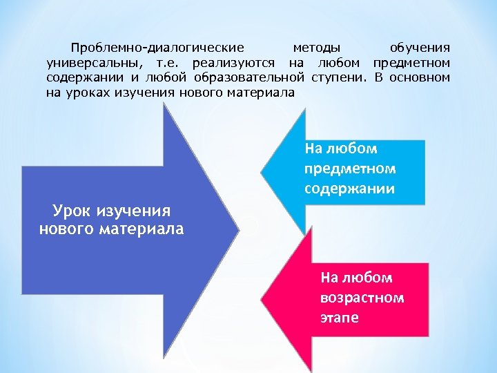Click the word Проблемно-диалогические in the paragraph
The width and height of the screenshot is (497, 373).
(157, 48)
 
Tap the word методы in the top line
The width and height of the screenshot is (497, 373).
(316, 48)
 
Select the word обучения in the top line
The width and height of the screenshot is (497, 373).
(420, 48)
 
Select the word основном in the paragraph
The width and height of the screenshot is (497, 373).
(420, 77)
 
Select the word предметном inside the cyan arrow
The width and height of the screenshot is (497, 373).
(349, 169)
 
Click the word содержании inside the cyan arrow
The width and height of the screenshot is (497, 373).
(349, 188)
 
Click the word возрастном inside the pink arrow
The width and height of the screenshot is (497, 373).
(362, 298)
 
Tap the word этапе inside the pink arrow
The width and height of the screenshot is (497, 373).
(339, 318)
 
